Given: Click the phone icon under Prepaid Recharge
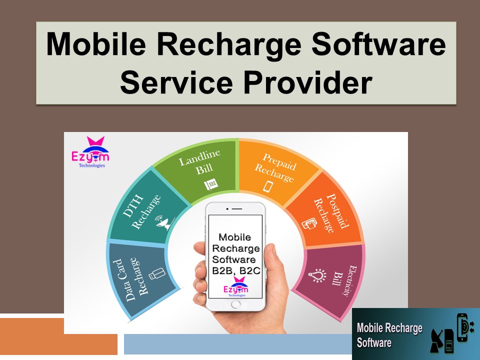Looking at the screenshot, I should [x=268, y=186].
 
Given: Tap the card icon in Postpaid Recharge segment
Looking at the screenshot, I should [x=308, y=224].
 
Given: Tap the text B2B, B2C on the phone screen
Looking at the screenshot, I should [x=234, y=270].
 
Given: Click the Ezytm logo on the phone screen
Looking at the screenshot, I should [x=235, y=289].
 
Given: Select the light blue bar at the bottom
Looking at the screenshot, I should [x=235, y=344].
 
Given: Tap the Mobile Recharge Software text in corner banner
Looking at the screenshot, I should [x=389, y=335].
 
